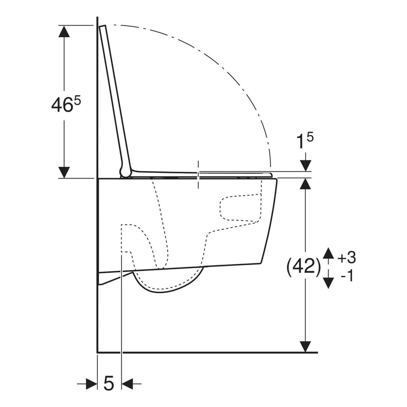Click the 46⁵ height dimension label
66,105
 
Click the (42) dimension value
304,267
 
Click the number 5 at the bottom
109,383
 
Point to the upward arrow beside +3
329,254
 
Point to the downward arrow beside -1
329,282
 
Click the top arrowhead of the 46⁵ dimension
64,32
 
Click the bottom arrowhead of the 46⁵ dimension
64,172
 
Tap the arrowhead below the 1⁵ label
305,165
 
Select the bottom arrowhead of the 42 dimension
305,346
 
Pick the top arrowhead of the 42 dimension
305,184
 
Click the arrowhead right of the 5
128,383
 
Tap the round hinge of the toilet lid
125,172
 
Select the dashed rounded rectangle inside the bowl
240,209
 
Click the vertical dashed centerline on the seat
198,175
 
